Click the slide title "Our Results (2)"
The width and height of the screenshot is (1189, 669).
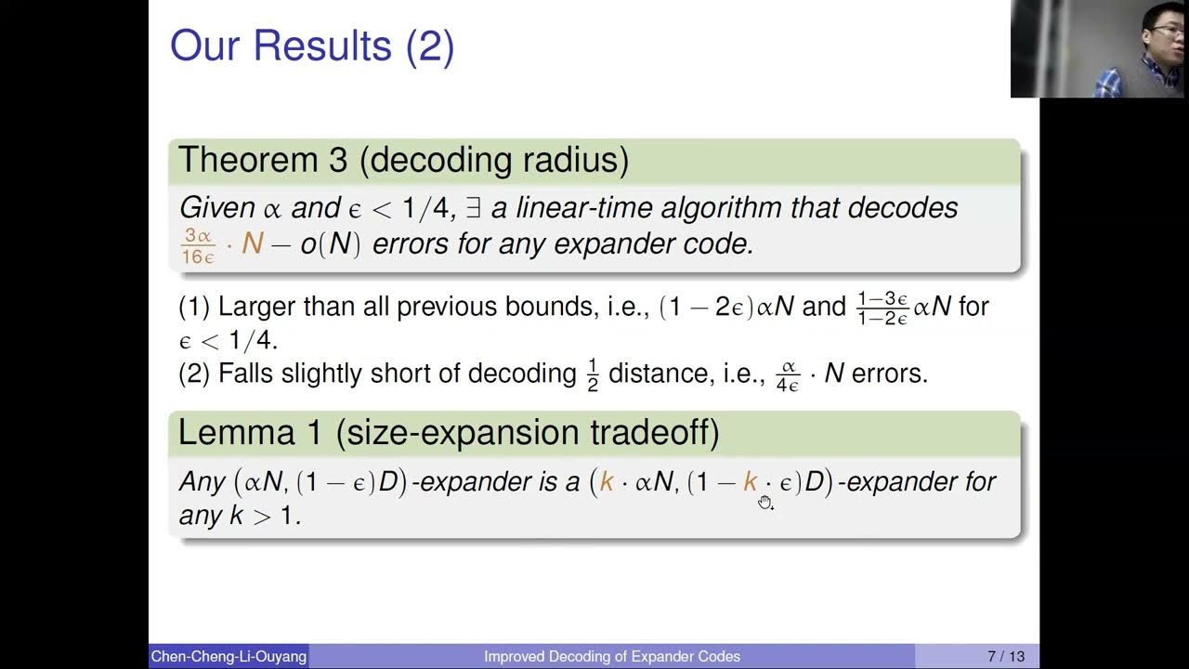311,46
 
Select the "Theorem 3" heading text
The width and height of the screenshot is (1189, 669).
263,160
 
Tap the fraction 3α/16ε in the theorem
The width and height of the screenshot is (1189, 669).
197,243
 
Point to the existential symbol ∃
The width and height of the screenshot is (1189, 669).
473,207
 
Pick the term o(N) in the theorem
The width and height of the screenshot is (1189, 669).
330,244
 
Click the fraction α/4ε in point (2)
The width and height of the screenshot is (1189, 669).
788,374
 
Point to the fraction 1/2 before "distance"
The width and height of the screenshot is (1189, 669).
593,374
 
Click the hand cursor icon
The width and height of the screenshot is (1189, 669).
764,503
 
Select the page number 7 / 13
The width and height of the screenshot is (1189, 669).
1001,657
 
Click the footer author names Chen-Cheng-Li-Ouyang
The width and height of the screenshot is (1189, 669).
229,657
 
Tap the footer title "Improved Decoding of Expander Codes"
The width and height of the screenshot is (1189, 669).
612,657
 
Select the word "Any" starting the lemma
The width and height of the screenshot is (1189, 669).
202,481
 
